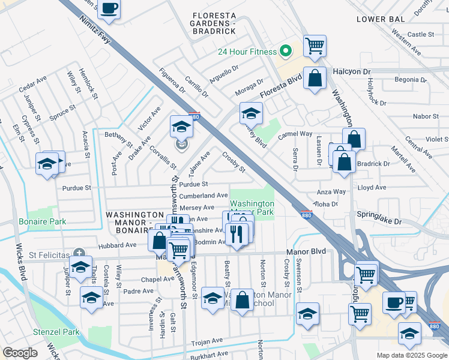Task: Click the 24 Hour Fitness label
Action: tap(247, 52)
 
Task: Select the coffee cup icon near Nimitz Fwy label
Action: tap(109, 8)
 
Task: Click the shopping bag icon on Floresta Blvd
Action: tap(315, 78)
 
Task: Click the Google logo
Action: tap(20, 353)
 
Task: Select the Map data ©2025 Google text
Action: tap(412, 355)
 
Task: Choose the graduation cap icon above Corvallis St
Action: tap(180, 127)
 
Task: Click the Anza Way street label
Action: tap(331, 192)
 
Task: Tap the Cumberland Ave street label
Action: tap(203, 196)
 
